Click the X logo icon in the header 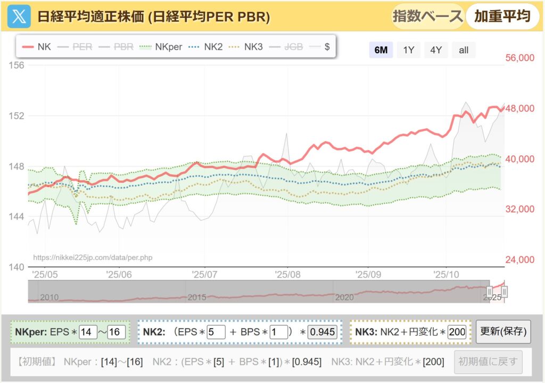[19, 16]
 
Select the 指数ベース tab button [427, 16]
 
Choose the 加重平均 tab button [502, 16]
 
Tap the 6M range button [381, 50]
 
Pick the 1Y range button [409, 50]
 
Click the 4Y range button [436, 50]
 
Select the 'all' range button [464, 50]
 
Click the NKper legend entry [162, 47]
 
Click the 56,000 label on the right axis [519, 58]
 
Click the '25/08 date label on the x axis [288, 274]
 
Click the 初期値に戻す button [488, 362]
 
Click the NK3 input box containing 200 [457, 332]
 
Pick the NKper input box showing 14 [88, 332]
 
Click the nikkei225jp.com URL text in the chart [93, 257]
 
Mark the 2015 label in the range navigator [197, 297]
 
